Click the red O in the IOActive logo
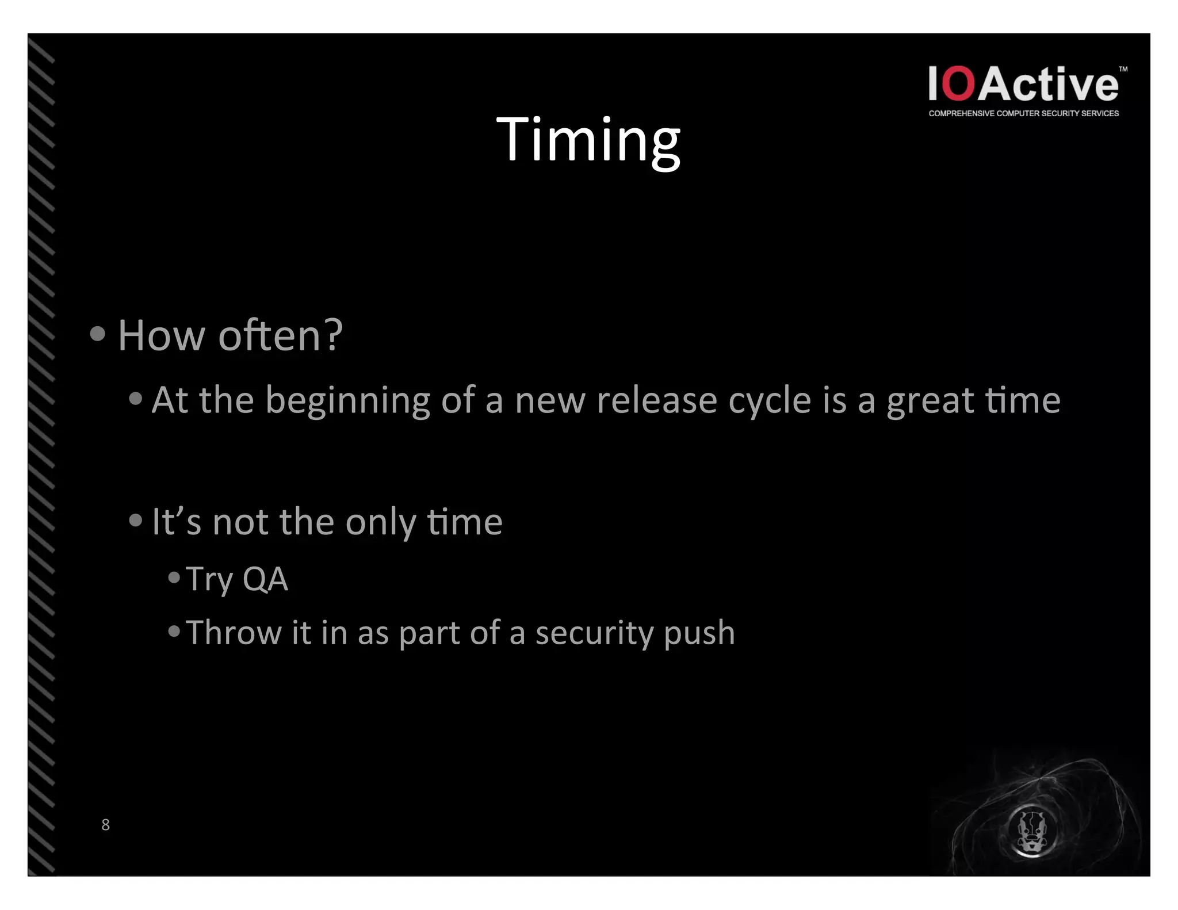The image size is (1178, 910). click(x=959, y=84)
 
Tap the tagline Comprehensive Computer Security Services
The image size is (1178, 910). click(x=1023, y=113)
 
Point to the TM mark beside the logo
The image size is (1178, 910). click(x=1123, y=69)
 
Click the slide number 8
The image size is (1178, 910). click(x=105, y=824)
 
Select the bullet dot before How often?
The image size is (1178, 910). click(x=98, y=334)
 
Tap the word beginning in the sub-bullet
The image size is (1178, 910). click(x=347, y=401)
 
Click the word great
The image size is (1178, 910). click(x=930, y=401)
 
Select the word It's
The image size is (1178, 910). click(x=176, y=522)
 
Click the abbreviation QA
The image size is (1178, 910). click(x=265, y=579)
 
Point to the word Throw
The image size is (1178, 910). click(x=234, y=633)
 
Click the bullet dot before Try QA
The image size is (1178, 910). click(x=174, y=578)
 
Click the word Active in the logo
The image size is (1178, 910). click(x=1048, y=84)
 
